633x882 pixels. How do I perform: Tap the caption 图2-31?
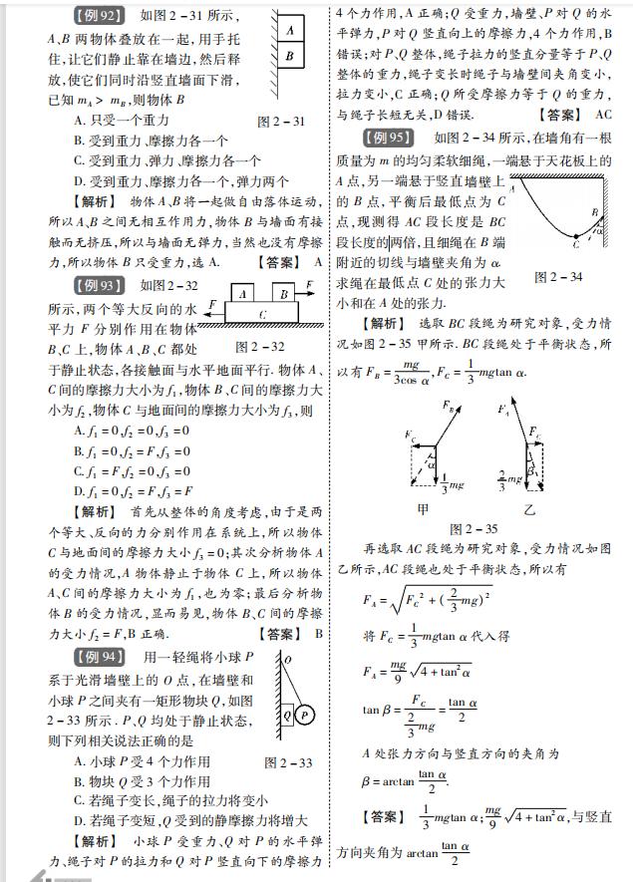pyautogui.click(x=281, y=121)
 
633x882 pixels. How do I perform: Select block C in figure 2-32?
pyautogui.click(x=261, y=314)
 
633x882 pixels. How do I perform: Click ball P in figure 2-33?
pyautogui.click(x=305, y=714)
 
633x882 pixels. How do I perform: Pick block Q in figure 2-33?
pyautogui.click(x=287, y=714)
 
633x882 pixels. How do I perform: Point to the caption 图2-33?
pyautogui.click(x=288, y=763)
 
